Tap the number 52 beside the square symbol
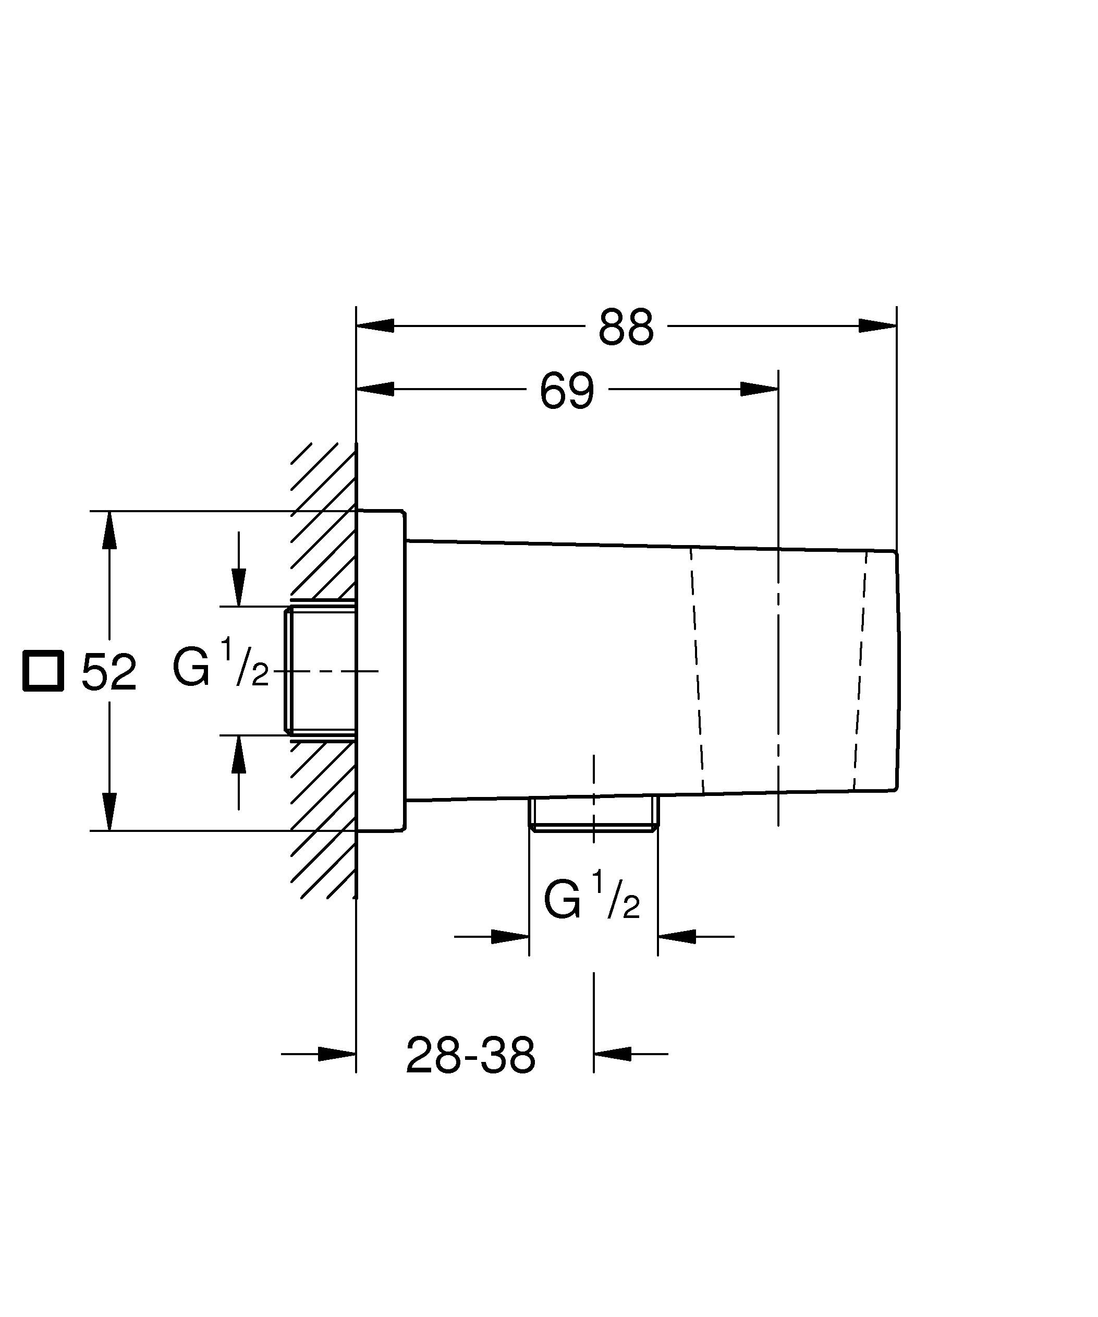pyautogui.click(x=108, y=672)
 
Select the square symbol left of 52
pyautogui.click(x=43, y=671)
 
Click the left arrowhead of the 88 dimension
pyautogui.click(x=375, y=325)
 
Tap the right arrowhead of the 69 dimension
pyautogui.click(x=760, y=389)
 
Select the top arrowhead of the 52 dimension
pyautogui.click(x=109, y=530)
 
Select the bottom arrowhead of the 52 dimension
pyautogui.click(x=109, y=812)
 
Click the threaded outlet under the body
pyautogui.click(x=593, y=814)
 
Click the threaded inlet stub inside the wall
pyautogui.click(x=320, y=670)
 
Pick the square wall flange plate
pyautogui.click(x=381, y=670)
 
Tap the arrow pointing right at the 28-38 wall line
pyautogui.click(x=337, y=1054)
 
